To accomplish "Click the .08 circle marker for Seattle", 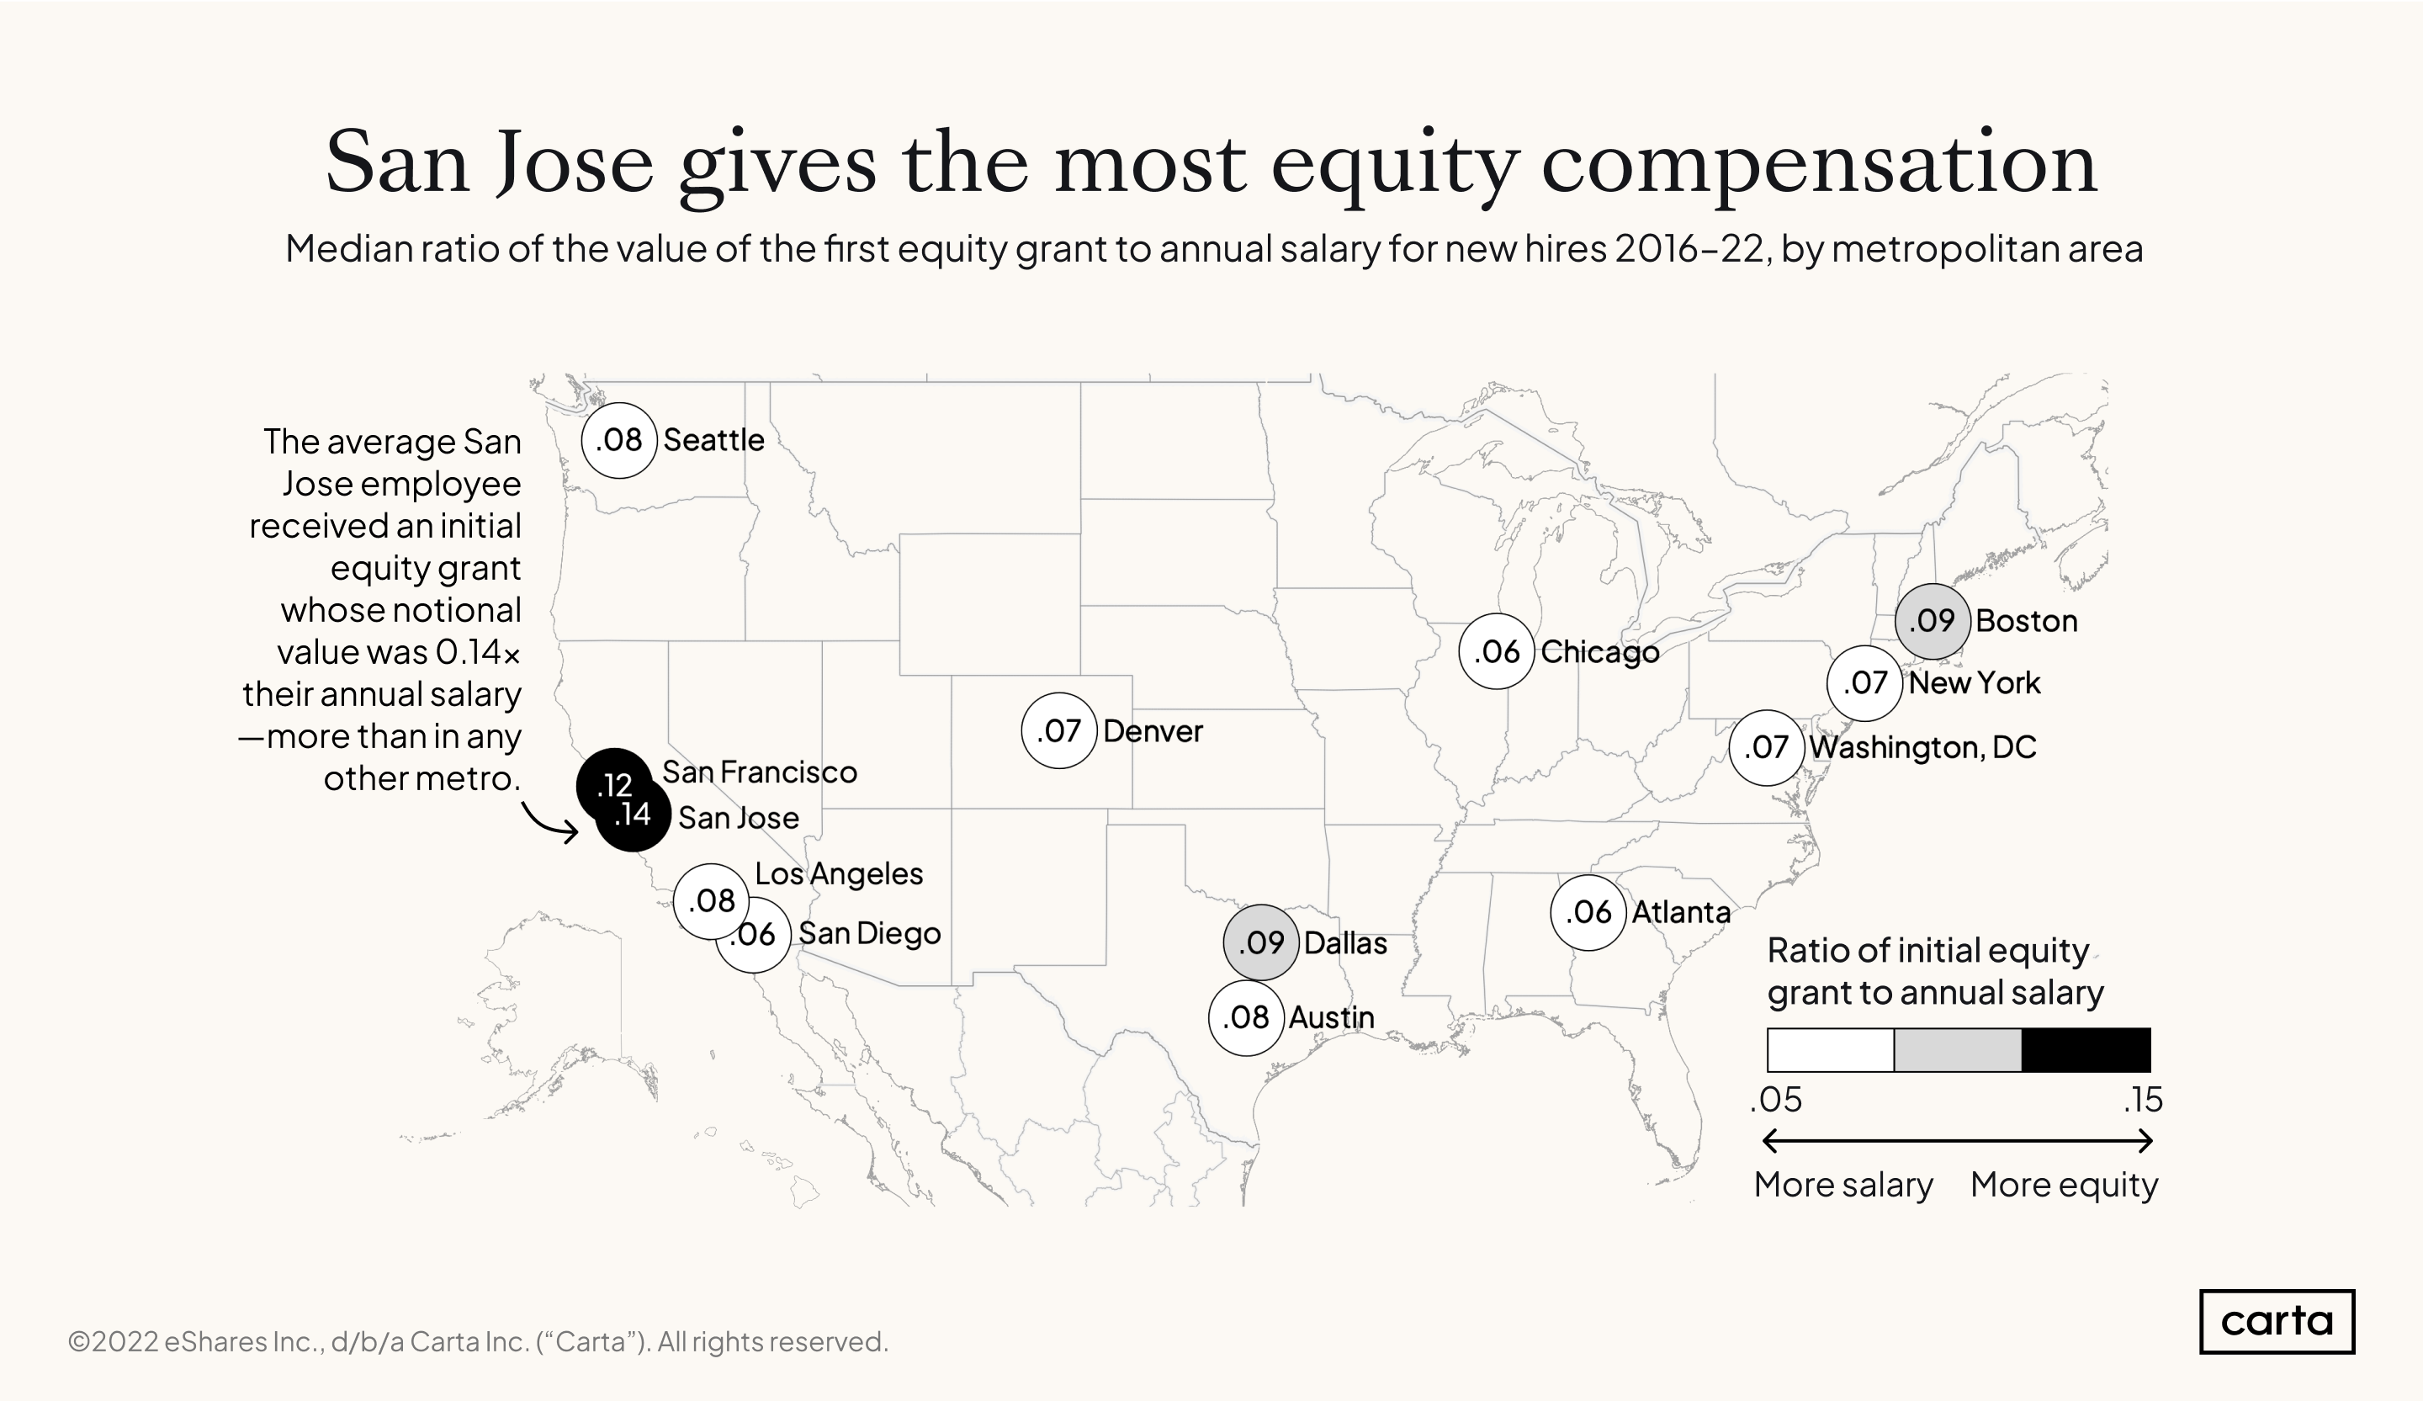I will click(x=618, y=440).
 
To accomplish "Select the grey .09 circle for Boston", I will click(x=1932, y=621).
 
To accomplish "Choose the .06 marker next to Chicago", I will click(x=1496, y=652).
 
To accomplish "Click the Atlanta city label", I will click(x=1681, y=911).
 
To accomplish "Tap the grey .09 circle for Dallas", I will click(x=1260, y=942).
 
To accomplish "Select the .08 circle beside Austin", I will click(x=1246, y=1017).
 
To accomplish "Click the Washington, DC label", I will click(x=1922, y=747).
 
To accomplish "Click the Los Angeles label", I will click(x=839, y=874).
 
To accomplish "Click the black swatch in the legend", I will click(x=2086, y=1050).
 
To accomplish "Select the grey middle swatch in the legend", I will click(x=1958, y=1050).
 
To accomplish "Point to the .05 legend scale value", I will click(x=1776, y=1100).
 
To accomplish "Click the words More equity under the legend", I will click(x=2064, y=1185).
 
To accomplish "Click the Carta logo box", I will click(x=2276, y=1321).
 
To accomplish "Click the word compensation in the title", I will click(x=1818, y=163).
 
